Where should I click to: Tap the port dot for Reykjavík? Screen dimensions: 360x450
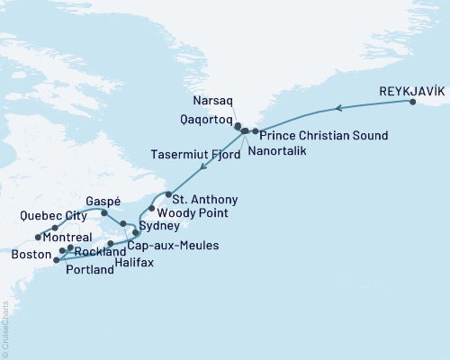coord(413,103)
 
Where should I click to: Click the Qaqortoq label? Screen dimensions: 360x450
coord(205,119)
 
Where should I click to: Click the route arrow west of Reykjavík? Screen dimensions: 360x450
coord(337,109)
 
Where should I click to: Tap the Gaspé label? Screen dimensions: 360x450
coord(103,201)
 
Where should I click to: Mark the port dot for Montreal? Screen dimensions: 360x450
coord(39,238)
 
